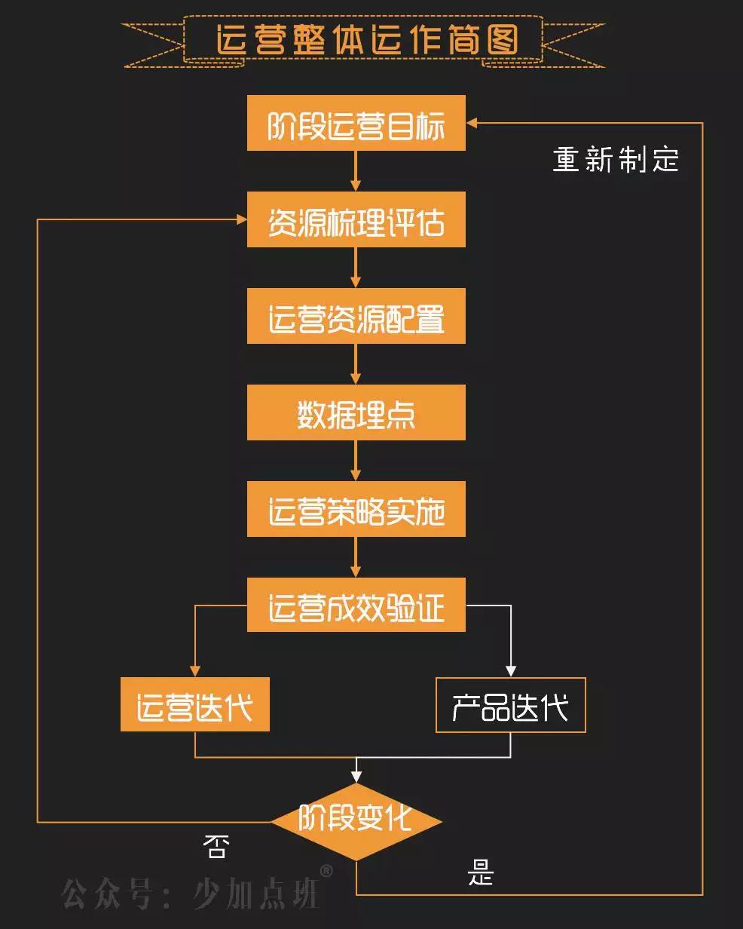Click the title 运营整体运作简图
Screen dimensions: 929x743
point(367,40)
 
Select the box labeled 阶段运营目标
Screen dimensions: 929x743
point(356,123)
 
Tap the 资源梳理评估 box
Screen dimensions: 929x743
point(356,219)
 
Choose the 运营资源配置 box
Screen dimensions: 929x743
point(356,316)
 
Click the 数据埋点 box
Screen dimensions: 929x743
point(356,412)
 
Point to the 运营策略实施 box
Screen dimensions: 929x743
point(356,509)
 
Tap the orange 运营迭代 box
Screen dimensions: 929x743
point(194,704)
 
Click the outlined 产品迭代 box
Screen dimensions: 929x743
point(510,705)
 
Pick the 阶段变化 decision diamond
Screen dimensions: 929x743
point(356,821)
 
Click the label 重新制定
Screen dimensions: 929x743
point(616,160)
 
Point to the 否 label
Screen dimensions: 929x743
point(215,848)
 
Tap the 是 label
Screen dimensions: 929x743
point(481,874)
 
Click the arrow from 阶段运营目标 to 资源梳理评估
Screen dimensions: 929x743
point(356,171)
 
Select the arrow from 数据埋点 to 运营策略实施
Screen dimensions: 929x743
point(356,461)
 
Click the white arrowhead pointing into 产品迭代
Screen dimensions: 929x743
point(510,670)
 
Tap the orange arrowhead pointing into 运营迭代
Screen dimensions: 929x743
point(195,670)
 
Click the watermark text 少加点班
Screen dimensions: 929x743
point(256,893)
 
